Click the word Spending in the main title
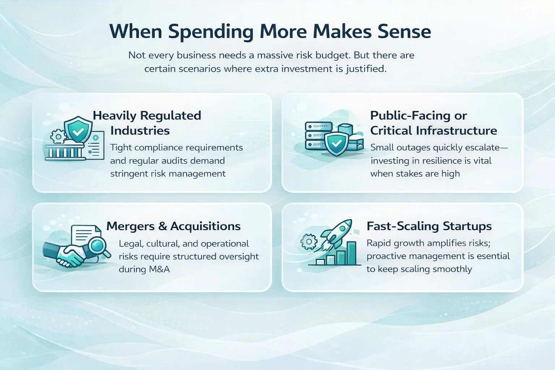(211, 32)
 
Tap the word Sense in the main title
(405, 31)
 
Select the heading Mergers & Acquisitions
(173, 226)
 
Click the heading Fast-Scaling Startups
(429, 227)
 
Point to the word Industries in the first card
(140, 130)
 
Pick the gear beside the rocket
(309, 241)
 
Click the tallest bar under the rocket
(352, 253)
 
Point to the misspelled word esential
(493, 256)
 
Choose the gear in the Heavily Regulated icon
(59, 136)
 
